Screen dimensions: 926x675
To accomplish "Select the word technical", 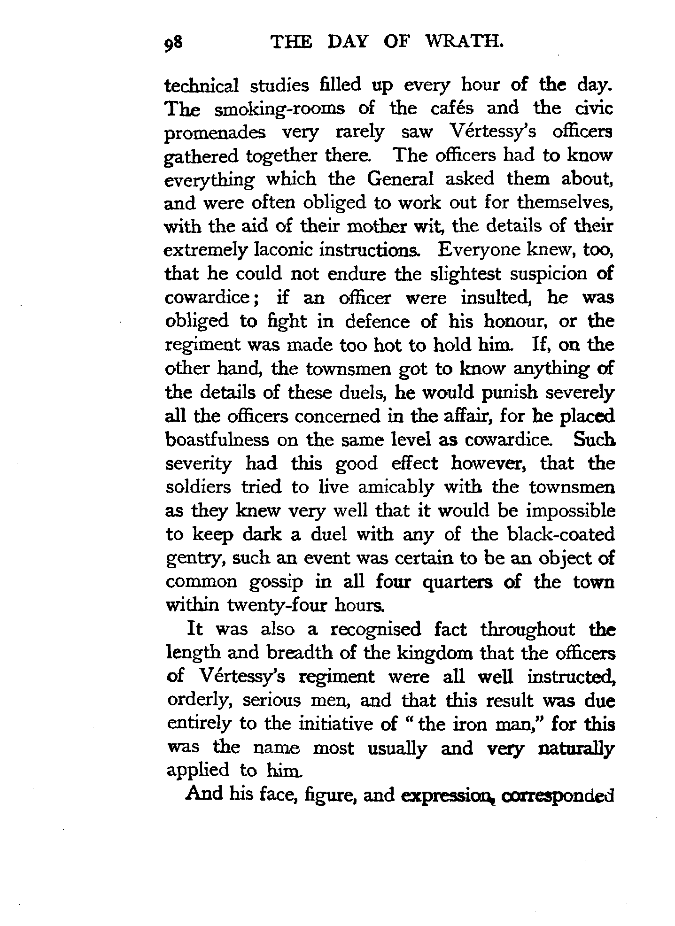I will pyautogui.click(x=202, y=86).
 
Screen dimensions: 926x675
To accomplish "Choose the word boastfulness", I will pyautogui.click(x=217, y=440).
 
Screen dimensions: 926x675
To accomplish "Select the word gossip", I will pyautogui.click(x=276, y=583).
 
